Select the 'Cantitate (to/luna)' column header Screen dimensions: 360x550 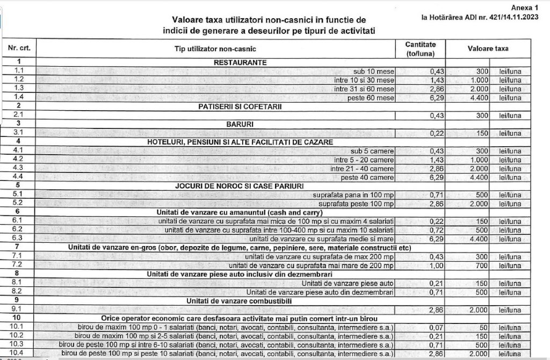tap(421, 49)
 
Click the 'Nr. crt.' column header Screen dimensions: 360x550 tap(19, 49)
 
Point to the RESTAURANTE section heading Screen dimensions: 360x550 tap(240, 63)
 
